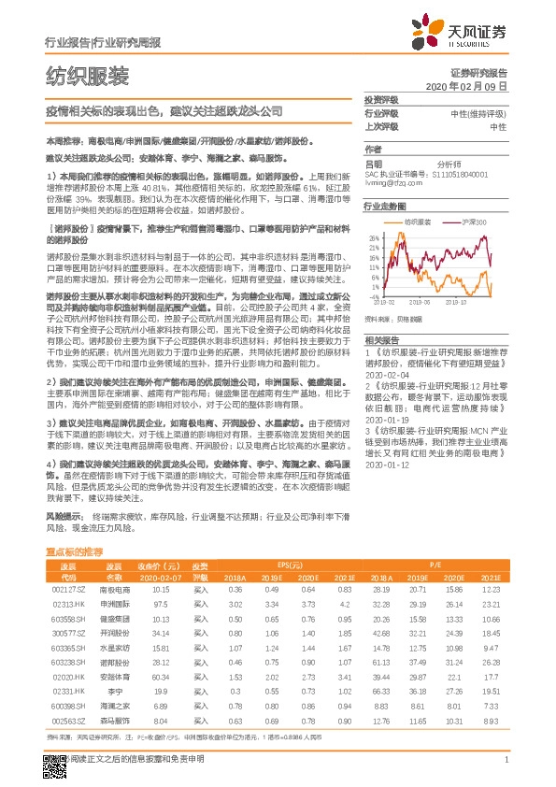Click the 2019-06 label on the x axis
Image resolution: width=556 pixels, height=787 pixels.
419,302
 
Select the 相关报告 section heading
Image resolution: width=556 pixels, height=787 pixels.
381,340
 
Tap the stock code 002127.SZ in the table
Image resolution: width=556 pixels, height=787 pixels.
68,615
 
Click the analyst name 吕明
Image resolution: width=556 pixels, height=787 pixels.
373,162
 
